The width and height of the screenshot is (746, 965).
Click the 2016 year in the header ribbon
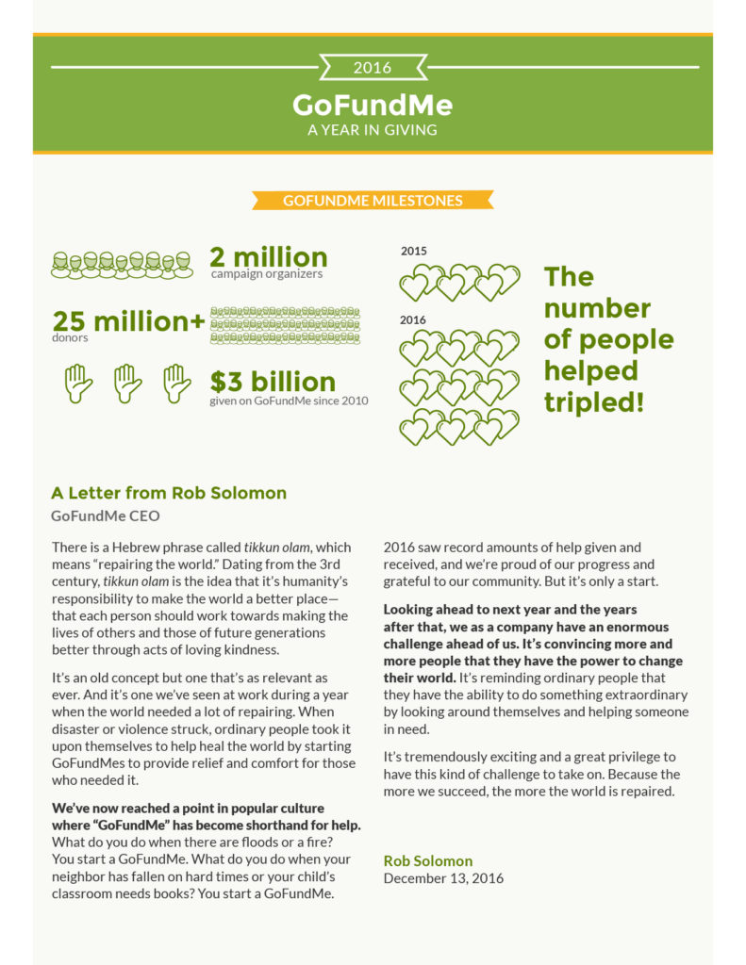point(373,68)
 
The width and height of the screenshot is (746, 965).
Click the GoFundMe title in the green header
point(373,103)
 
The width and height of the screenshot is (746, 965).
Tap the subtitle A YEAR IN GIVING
point(373,129)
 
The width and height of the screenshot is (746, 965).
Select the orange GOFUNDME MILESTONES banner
point(373,201)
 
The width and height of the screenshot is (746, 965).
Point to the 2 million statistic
point(269,256)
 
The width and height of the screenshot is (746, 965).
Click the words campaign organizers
point(266,274)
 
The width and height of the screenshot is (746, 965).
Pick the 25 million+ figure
point(128,321)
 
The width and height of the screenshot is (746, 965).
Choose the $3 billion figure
point(273,382)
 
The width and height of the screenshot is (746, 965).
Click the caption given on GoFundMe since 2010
point(289,401)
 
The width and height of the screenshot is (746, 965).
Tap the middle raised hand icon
point(127,383)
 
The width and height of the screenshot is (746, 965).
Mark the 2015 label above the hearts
point(413,252)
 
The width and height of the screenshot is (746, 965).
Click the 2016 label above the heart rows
point(413,320)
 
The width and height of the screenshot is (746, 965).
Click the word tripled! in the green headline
point(594,402)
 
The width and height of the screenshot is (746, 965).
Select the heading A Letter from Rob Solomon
point(169,493)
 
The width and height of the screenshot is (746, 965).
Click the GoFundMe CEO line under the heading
point(106,515)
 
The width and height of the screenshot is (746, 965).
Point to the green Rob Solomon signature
point(428,860)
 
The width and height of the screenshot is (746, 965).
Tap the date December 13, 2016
point(443,878)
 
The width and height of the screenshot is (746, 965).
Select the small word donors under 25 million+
point(70,337)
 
